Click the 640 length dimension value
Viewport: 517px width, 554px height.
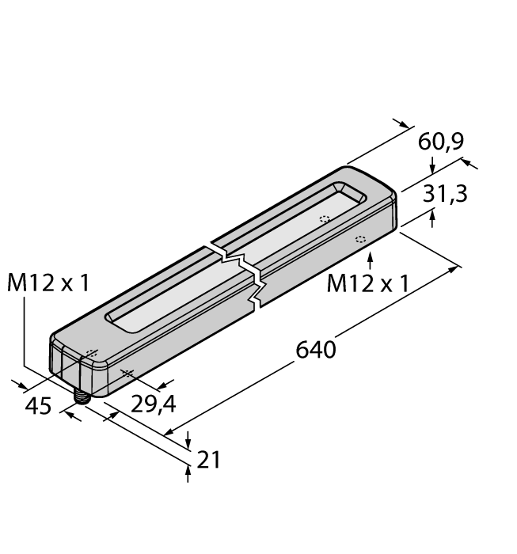(x=314, y=349)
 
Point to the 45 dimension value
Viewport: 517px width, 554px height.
(x=37, y=406)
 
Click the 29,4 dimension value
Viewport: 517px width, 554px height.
(x=152, y=404)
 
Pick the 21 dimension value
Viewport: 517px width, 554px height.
(x=208, y=458)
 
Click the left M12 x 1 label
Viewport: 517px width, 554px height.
(x=48, y=283)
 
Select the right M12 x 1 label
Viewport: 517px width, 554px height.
(x=368, y=283)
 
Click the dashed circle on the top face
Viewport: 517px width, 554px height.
(x=323, y=219)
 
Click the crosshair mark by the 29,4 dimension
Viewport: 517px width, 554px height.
(x=123, y=373)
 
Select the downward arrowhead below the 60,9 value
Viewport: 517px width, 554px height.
(x=431, y=168)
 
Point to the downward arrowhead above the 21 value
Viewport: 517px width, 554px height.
(x=188, y=442)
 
